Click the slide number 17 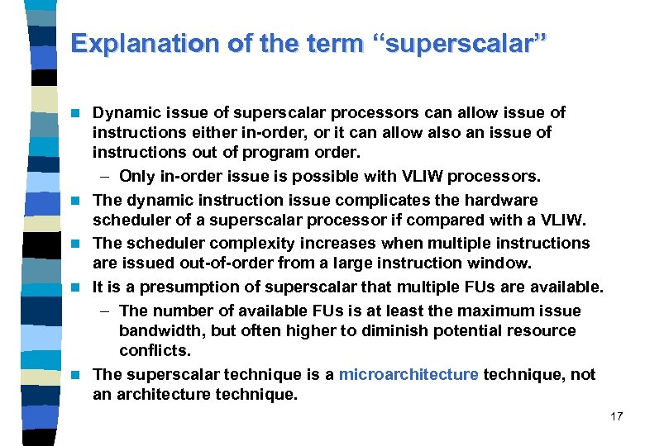pyautogui.click(x=616, y=416)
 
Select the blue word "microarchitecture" pyautogui.click(x=408, y=374)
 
